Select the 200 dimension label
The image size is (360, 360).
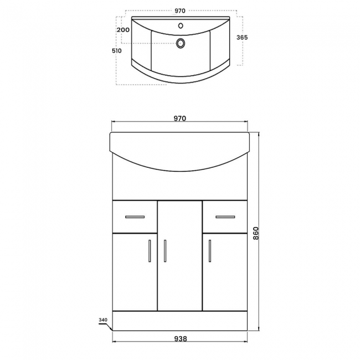(x=124, y=30)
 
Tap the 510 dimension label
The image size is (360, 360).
(x=116, y=50)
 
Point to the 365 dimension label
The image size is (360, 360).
(x=241, y=38)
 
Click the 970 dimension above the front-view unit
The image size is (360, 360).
(x=179, y=118)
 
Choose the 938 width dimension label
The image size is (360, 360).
(x=179, y=338)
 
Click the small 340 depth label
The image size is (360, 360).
(x=102, y=320)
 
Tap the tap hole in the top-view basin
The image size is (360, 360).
(x=181, y=25)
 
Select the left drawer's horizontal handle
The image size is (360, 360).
(x=135, y=216)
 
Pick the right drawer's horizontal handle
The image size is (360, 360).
(x=225, y=216)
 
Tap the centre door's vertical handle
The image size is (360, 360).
(x=165, y=250)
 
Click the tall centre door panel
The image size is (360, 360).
(x=180, y=260)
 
